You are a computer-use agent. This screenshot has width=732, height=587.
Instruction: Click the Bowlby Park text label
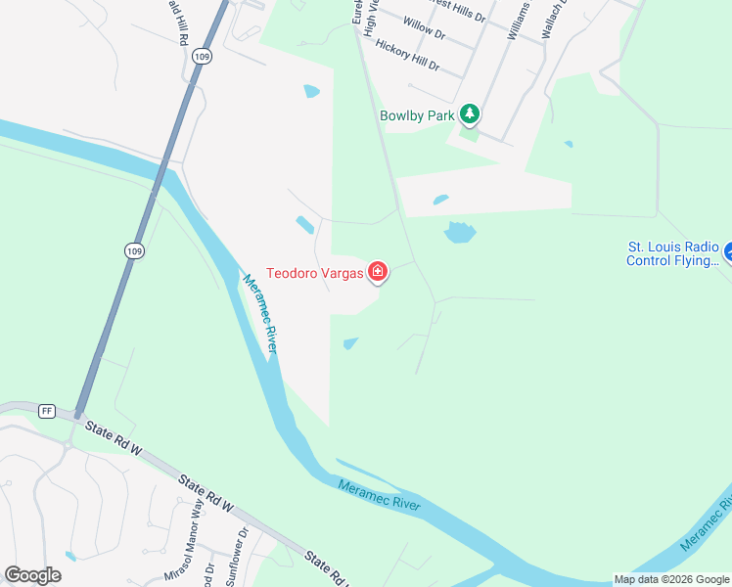tap(419, 115)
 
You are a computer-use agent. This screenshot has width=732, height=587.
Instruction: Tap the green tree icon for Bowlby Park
tap(471, 115)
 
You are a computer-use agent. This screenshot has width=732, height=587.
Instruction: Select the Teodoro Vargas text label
tap(315, 273)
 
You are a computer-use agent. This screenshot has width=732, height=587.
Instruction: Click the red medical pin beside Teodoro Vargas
tap(377, 272)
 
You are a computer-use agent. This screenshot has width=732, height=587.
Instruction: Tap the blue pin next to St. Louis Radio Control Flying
tap(727, 253)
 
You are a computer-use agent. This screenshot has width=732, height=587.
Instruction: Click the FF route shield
tap(46, 411)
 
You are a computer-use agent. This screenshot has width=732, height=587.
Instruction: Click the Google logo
tap(32, 575)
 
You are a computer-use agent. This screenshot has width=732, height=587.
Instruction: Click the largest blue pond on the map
tap(459, 232)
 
